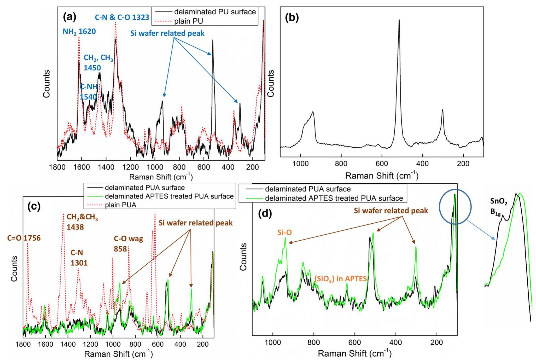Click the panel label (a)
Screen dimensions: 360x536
pos(70,17)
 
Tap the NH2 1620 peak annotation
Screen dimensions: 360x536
pos(79,32)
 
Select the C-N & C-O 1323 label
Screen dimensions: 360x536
pos(122,18)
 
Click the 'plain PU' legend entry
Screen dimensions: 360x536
pos(188,21)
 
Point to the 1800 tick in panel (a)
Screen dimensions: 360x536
pos(57,167)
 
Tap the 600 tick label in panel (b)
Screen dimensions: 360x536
pos(382,164)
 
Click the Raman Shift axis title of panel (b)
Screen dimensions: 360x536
pos(382,176)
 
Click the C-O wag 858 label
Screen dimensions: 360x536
pos(128,244)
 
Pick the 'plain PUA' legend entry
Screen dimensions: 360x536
pos(120,205)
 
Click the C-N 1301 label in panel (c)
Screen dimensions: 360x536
pos(79,258)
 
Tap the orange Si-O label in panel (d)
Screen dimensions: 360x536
pos(284,233)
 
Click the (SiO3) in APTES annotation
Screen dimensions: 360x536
pos(340,279)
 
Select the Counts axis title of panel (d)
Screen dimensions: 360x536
pos(243,257)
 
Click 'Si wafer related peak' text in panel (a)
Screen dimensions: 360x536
pos(167,33)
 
